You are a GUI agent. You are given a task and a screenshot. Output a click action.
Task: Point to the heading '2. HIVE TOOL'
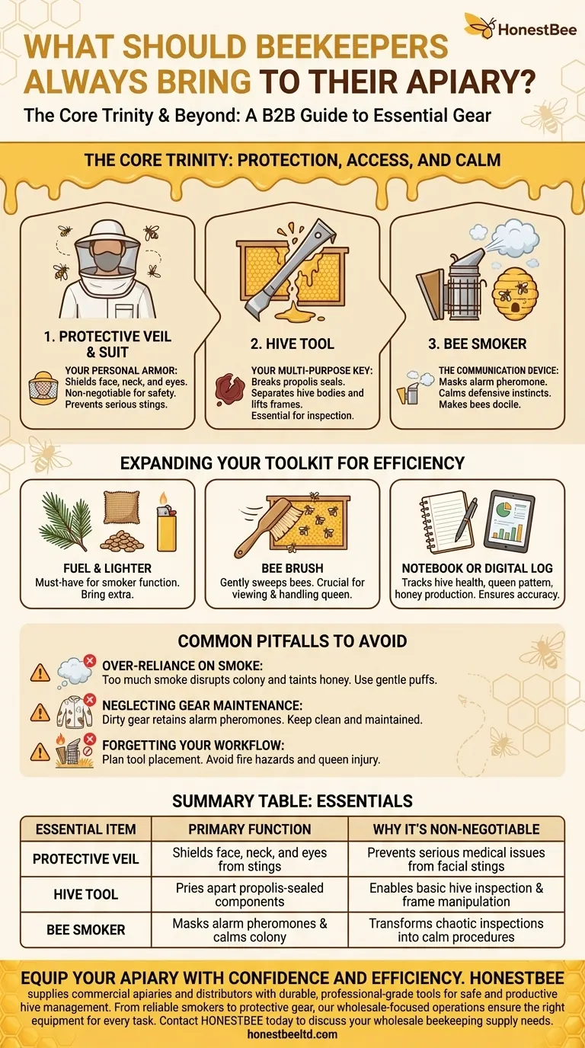[x=292, y=343]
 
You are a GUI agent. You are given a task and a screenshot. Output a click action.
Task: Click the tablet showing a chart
[x=510, y=520]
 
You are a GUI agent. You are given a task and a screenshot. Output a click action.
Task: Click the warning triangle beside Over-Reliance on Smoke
[x=40, y=672]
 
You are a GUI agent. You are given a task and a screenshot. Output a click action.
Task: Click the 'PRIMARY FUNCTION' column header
[x=250, y=829]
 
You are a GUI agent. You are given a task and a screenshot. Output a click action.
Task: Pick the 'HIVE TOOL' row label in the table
[x=86, y=894]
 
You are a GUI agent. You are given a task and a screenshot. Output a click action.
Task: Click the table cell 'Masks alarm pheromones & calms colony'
[x=250, y=930]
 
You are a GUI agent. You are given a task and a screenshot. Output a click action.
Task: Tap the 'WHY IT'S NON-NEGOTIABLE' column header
[x=456, y=829]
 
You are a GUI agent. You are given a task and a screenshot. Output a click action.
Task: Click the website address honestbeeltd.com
[x=292, y=1034]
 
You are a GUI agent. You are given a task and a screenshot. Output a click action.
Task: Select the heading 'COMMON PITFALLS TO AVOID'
[x=292, y=641]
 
